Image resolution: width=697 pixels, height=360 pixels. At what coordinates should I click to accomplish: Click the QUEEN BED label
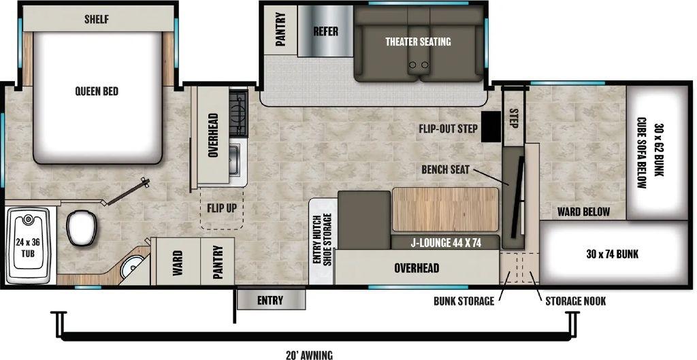coord(97,91)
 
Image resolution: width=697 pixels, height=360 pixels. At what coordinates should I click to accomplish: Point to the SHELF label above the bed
coord(97,19)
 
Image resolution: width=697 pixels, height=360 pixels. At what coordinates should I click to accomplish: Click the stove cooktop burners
coord(238,112)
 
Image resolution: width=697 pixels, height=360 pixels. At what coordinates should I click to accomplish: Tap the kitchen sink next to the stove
coord(236,159)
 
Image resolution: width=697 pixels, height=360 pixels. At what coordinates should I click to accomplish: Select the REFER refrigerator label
coord(325,31)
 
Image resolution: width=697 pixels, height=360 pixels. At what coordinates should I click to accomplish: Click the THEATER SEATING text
coord(418,42)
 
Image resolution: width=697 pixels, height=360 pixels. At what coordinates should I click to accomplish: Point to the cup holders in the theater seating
coord(419,65)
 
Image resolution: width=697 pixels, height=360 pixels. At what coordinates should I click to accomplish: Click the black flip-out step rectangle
coord(491,126)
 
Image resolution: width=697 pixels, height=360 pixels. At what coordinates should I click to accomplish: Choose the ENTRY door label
coord(270,300)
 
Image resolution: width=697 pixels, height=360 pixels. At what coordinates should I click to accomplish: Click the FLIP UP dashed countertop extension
coord(222,208)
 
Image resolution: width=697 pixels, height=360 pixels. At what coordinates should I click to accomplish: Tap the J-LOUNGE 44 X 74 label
coord(445,243)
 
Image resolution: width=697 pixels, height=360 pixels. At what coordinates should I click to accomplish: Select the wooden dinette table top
coord(445,210)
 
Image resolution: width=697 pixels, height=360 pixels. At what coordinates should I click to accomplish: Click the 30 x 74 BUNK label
coord(612,255)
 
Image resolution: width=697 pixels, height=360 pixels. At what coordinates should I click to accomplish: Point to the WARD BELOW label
coord(583,212)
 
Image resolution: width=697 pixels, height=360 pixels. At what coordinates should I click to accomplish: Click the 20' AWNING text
coord(310,355)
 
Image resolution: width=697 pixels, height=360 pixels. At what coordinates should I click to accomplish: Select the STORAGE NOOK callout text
coord(575,301)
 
